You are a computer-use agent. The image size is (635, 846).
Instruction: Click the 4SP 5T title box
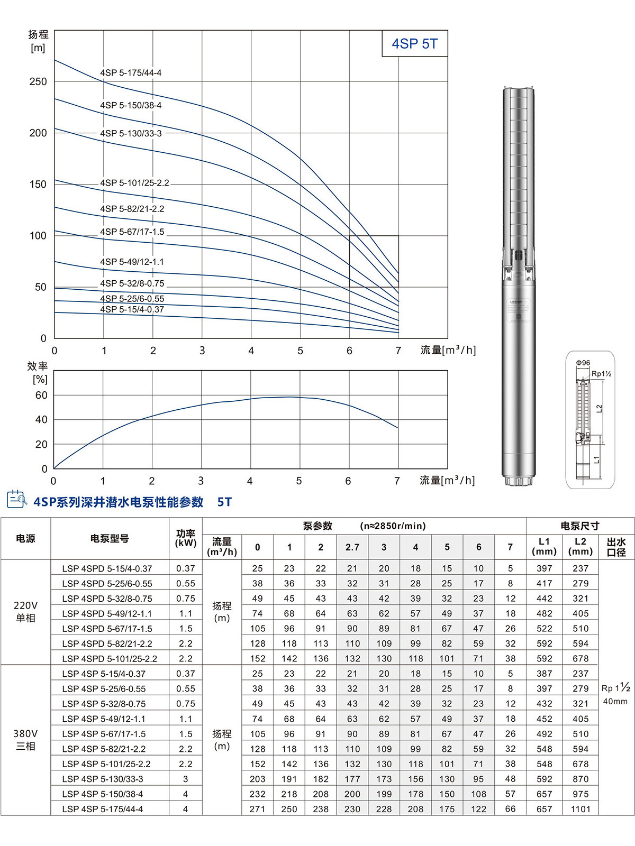415,44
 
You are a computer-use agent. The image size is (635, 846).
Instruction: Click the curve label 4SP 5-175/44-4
131,73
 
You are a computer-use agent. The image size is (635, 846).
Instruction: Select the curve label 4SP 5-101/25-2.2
134,183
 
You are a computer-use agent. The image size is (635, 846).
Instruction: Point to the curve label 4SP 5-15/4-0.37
132,309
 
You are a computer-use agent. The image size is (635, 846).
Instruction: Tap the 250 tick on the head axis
38,81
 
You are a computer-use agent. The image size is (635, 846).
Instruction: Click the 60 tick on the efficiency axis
41,395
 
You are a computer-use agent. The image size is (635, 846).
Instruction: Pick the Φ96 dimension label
583,363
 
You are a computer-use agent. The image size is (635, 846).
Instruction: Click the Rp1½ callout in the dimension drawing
601,374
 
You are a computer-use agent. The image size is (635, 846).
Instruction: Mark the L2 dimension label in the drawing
599,409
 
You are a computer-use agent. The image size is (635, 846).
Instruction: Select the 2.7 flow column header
352,547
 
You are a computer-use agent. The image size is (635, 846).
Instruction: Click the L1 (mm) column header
544,547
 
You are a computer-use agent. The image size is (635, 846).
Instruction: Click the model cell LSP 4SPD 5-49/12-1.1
107,614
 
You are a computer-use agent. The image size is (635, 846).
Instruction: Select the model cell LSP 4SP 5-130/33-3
103,779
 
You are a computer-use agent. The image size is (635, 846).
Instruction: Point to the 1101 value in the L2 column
580,809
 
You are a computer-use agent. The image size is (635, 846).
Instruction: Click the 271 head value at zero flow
257,809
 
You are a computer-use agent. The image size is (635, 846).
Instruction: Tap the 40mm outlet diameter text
615,702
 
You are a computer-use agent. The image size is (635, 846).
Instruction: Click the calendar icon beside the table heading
16,499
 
